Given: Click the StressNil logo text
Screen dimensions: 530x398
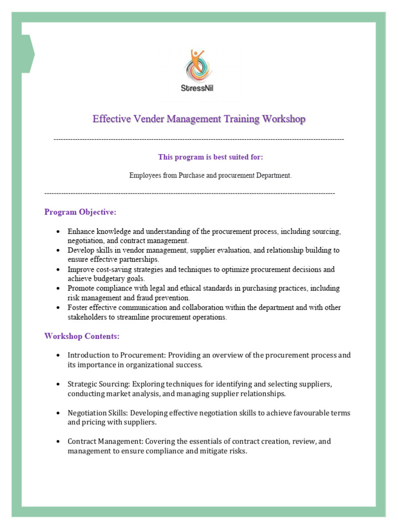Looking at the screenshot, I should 199,87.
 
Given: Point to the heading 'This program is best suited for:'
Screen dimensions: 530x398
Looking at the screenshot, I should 214,157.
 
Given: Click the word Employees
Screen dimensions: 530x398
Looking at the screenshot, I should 145,175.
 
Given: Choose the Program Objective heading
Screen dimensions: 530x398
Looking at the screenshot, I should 80,212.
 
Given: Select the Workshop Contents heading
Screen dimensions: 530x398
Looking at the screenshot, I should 82,336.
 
